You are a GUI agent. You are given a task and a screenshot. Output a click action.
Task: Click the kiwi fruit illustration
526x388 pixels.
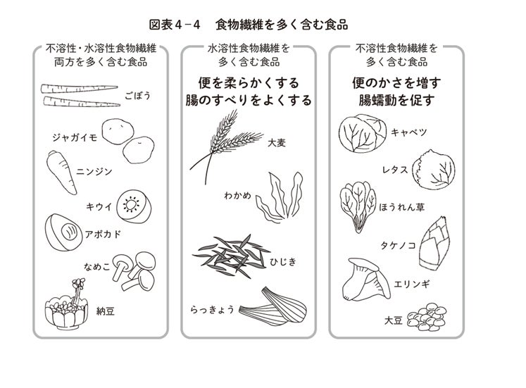(x=134, y=206)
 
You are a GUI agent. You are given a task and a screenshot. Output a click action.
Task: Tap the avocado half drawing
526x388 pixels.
(x=63, y=232)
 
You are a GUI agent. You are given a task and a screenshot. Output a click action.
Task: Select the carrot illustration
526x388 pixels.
(x=61, y=173)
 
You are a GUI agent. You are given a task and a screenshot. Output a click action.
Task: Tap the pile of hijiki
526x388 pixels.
(x=231, y=256)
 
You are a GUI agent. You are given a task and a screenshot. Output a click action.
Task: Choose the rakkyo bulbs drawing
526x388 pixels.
(x=273, y=306)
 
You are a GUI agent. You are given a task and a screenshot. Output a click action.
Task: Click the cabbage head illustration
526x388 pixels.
(x=363, y=133)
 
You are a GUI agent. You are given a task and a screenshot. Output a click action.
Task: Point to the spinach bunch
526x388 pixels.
(x=358, y=206)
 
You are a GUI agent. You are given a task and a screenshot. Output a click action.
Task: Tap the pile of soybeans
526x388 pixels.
(x=427, y=317)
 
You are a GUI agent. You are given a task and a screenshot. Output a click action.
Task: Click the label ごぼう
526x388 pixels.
(x=138, y=96)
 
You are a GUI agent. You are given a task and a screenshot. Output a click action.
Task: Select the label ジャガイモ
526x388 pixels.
(x=75, y=137)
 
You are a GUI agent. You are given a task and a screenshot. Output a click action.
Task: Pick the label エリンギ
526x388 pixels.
(x=412, y=284)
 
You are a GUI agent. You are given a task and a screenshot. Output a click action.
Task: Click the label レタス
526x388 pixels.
(x=395, y=170)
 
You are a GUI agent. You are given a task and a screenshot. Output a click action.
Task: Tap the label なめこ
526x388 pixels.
(x=97, y=267)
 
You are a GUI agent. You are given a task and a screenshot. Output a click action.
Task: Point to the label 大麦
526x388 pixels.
(x=277, y=142)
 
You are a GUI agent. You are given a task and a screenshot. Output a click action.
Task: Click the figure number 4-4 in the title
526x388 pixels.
(x=187, y=25)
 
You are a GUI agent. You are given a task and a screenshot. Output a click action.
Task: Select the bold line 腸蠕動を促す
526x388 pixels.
(x=396, y=100)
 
